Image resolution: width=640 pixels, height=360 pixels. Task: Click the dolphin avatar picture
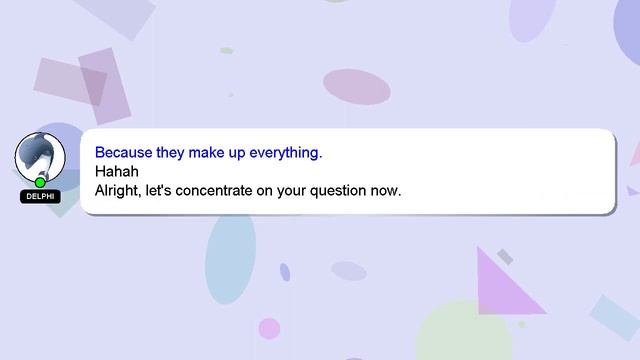(x=40, y=156)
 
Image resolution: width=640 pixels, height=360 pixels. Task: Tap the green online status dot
(x=40, y=182)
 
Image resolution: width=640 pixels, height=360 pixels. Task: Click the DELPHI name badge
(x=40, y=197)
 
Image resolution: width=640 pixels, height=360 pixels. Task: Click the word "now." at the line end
(x=386, y=189)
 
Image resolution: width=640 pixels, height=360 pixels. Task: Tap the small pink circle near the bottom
(x=269, y=328)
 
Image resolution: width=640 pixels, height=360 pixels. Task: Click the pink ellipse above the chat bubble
(x=356, y=87)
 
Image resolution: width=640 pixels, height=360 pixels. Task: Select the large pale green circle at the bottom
(x=463, y=334)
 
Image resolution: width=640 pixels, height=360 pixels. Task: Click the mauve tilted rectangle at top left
(x=70, y=80)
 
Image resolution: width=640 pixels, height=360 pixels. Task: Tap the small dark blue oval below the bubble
(x=285, y=272)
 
